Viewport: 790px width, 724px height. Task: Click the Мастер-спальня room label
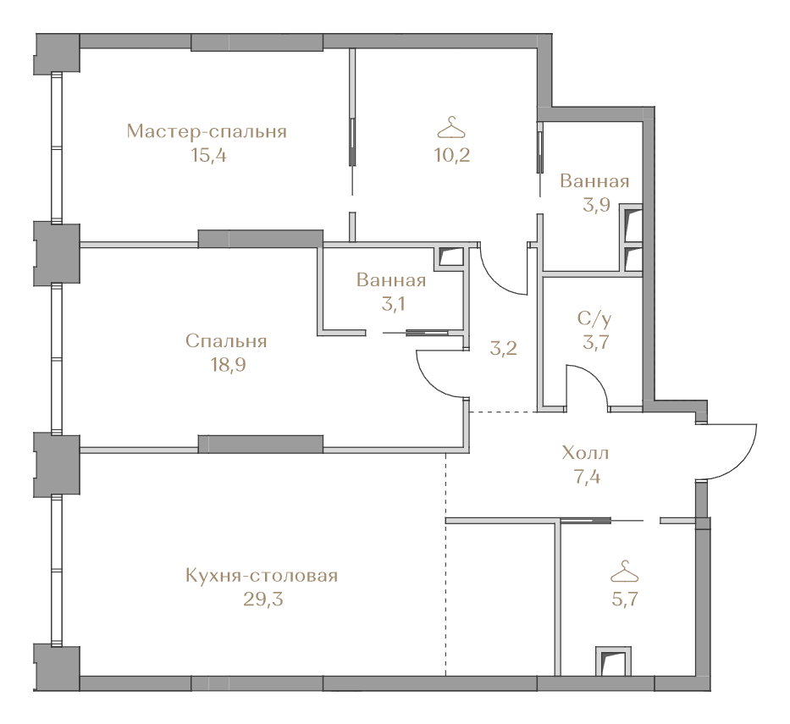click(207, 131)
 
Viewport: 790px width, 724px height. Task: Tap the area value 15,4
click(208, 155)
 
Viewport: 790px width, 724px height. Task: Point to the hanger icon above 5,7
click(624, 572)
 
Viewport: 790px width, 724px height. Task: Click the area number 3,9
click(597, 205)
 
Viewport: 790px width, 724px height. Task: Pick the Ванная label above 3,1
click(391, 279)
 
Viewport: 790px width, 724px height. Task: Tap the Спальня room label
click(226, 341)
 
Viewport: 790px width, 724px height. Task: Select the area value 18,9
click(229, 365)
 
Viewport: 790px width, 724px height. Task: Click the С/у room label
click(595, 318)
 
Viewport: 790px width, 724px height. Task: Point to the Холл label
click(585, 453)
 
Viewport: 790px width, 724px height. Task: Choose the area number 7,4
click(587, 477)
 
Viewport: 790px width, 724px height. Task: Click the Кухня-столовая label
click(262, 575)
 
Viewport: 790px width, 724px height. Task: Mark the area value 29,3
click(263, 600)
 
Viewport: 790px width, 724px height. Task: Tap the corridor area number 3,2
click(503, 348)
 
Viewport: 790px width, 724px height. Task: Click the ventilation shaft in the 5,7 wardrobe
click(613, 661)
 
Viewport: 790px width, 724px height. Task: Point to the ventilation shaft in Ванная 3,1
click(451, 257)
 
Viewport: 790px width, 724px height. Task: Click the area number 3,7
click(596, 342)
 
